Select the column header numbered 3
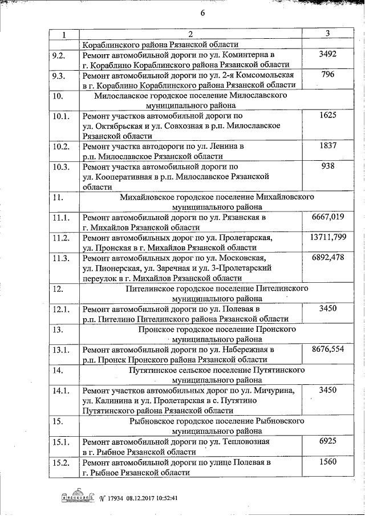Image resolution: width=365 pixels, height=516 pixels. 328,34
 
